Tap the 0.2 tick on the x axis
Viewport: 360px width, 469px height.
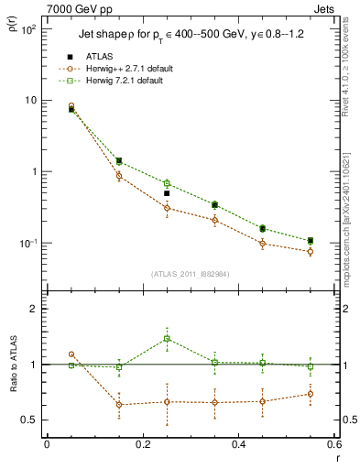coord(142,445)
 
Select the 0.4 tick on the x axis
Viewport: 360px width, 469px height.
coord(238,445)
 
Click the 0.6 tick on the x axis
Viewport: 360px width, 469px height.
coord(333,445)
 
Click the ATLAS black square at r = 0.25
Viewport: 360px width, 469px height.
coord(167,193)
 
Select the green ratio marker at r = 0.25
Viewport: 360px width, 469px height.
coord(167,339)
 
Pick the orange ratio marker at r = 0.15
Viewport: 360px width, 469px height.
coord(119,404)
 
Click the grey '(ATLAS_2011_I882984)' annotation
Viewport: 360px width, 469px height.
coord(189,275)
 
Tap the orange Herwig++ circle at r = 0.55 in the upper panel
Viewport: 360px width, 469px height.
coord(311,251)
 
